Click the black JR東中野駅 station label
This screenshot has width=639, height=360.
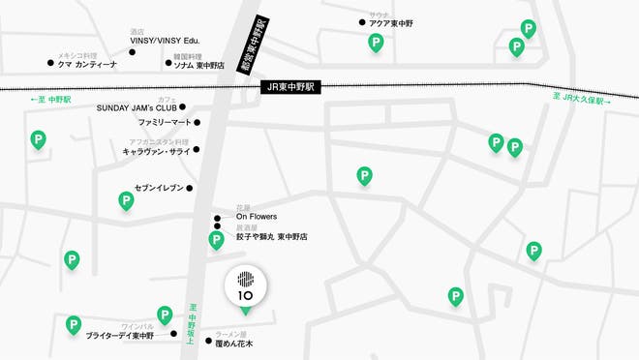(291, 86)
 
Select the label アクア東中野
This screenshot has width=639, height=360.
(392, 24)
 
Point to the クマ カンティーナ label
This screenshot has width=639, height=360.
(90, 64)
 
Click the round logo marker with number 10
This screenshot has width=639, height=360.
(244, 285)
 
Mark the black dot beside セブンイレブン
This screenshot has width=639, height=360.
(190, 188)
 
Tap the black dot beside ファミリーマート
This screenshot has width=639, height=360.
(197, 124)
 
